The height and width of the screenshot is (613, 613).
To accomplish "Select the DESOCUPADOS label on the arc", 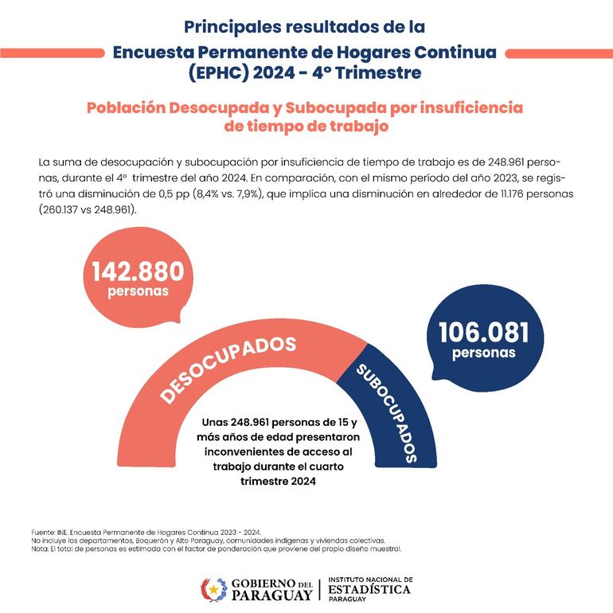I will tap(228, 368).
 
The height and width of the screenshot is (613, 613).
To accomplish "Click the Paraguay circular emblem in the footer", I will tap(213, 590).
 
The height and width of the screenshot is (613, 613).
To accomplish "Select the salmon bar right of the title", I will tap(558, 53).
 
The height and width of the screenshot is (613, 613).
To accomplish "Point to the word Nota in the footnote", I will tap(37, 549).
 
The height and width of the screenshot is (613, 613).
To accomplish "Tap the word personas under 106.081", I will tap(483, 353).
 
